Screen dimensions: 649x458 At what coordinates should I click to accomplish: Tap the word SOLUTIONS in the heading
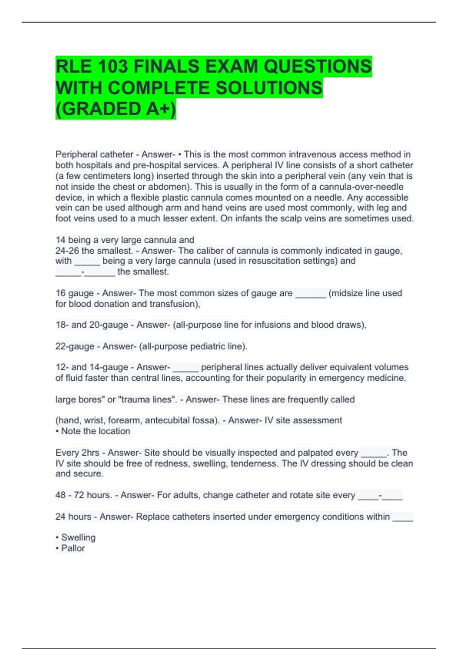pyautogui.click(x=269, y=88)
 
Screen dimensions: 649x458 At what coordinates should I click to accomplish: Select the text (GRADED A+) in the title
pyautogui.click(x=116, y=109)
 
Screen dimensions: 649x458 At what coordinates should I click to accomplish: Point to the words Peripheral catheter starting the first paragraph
pyautogui.click(x=94, y=155)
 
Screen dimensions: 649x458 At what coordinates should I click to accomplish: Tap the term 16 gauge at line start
pyautogui.click(x=74, y=293)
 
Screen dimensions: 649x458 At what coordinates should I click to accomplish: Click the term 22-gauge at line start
pyautogui.click(x=75, y=346)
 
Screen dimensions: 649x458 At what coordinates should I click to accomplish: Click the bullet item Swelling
pyautogui.click(x=78, y=538)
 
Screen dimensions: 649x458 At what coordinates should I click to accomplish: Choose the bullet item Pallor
pyautogui.click(x=73, y=548)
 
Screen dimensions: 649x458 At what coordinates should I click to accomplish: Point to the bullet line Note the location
pyautogui.click(x=95, y=431)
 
